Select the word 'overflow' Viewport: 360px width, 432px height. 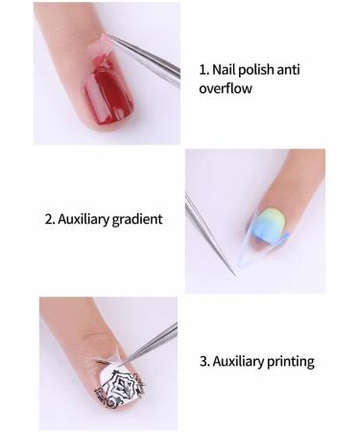click(228, 91)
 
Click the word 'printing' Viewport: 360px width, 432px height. click(288, 363)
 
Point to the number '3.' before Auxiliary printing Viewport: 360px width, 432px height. click(203, 363)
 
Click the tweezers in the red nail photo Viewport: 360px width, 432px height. click(144, 57)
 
